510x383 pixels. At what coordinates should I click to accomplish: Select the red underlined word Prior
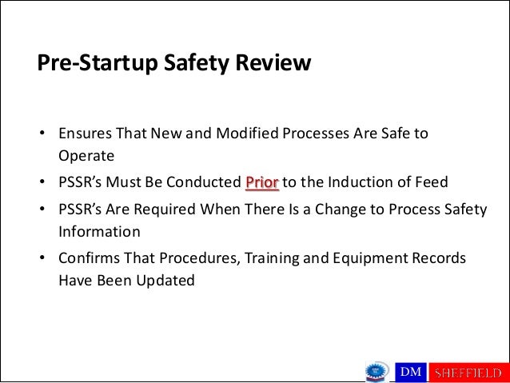[x=262, y=182]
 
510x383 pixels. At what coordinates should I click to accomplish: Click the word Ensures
[x=86, y=132]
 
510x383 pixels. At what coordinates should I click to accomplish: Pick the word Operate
[x=86, y=154]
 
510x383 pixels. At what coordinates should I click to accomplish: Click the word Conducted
[x=205, y=182]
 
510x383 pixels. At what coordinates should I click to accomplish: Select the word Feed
[x=432, y=182]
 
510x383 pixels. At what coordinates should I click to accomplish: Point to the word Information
[x=99, y=232]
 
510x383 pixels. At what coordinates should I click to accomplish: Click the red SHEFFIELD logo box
[x=468, y=372]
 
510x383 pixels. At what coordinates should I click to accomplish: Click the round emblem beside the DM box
[x=376, y=371]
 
